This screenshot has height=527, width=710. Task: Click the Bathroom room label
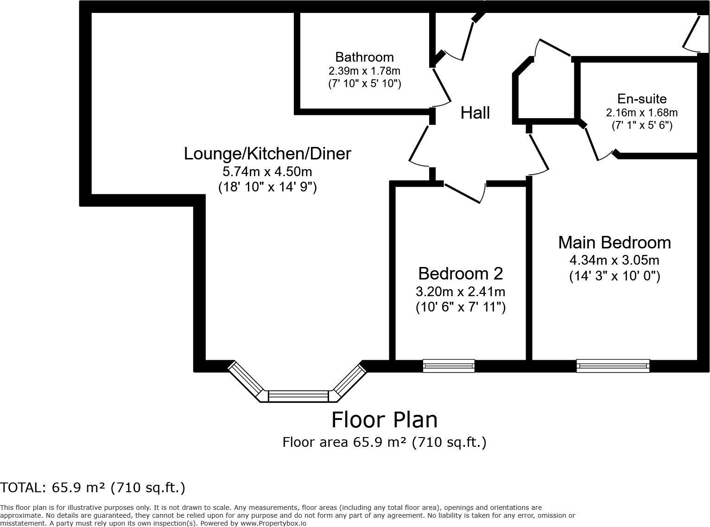pyautogui.click(x=364, y=57)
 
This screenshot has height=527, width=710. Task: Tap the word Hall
pyautogui.click(x=475, y=113)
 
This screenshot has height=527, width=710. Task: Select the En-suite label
pyautogui.click(x=642, y=99)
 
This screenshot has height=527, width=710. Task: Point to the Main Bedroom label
pyautogui.click(x=615, y=242)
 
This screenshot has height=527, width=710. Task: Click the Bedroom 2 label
pyautogui.click(x=461, y=273)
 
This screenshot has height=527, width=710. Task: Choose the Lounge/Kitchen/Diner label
pyautogui.click(x=267, y=154)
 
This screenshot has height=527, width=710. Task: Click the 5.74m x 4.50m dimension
pyautogui.click(x=267, y=172)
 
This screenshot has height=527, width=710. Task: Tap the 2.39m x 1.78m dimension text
pyautogui.click(x=364, y=70)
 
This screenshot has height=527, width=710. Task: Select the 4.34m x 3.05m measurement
pyautogui.click(x=614, y=260)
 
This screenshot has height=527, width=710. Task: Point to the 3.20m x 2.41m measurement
pyautogui.click(x=461, y=292)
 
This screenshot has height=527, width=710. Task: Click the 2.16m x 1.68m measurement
pyautogui.click(x=642, y=113)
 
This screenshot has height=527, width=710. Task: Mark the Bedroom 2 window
pyautogui.click(x=449, y=366)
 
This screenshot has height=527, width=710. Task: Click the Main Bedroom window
pyautogui.click(x=613, y=366)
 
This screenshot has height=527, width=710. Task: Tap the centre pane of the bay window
pyautogui.click(x=298, y=396)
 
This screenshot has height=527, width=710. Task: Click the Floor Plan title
pyautogui.click(x=384, y=420)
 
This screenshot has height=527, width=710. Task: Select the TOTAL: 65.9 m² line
pyautogui.click(x=93, y=488)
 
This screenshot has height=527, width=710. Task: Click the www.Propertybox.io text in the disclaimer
pyautogui.click(x=273, y=523)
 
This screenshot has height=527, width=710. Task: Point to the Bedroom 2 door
pyautogui.click(x=465, y=193)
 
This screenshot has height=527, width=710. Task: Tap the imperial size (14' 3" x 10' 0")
pyautogui.click(x=614, y=276)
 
